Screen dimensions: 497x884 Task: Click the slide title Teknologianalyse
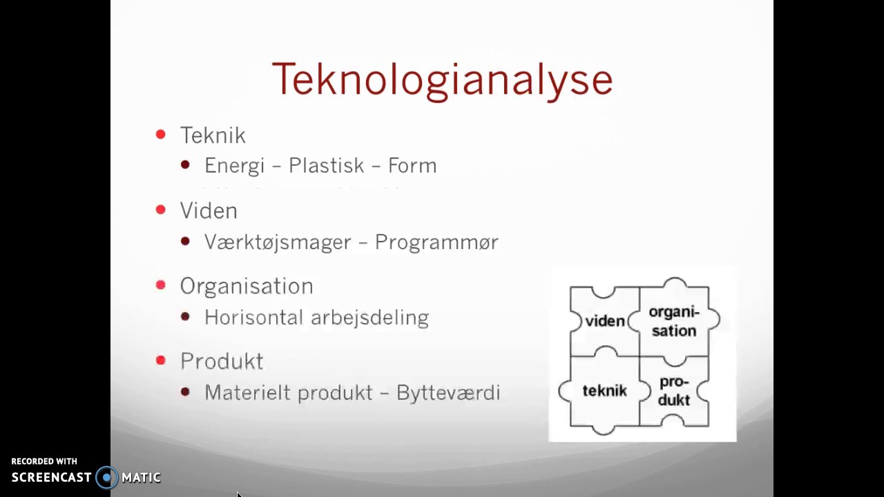(442, 80)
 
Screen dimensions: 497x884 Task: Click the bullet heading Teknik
(213, 135)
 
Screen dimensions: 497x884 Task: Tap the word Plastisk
(326, 166)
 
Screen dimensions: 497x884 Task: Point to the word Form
(412, 166)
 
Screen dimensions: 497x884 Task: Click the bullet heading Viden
(209, 211)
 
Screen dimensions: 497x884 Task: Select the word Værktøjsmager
(278, 242)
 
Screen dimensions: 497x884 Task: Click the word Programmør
(436, 242)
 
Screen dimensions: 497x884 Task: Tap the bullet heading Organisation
(247, 286)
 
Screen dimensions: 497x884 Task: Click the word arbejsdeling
(369, 318)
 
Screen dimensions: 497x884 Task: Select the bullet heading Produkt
(222, 361)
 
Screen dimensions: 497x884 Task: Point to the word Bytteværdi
(448, 393)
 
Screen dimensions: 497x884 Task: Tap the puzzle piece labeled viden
(604, 321)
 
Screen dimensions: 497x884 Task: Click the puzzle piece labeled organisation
(674, 321)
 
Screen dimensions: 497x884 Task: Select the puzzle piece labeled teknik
(604, 391)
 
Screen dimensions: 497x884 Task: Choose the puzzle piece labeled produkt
(674, 391)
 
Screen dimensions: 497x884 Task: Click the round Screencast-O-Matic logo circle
(107, 478)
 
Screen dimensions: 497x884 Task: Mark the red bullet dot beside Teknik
(161, 135)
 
